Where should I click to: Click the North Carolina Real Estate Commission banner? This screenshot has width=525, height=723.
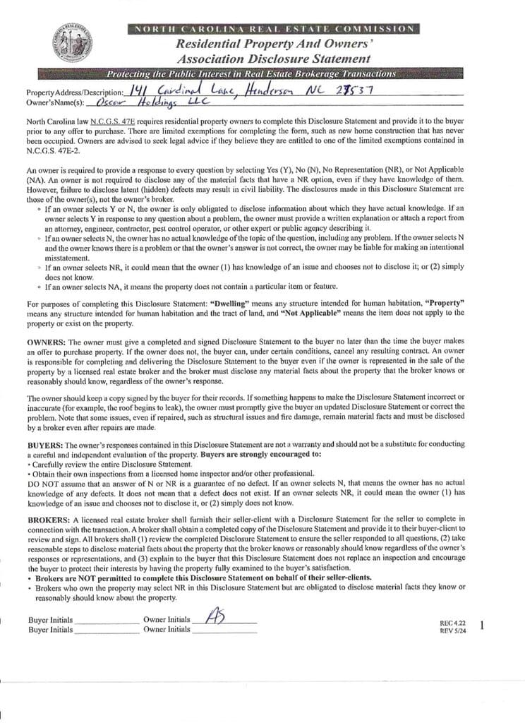[x=273, y=28]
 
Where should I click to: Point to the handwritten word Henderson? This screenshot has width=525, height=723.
[x=272, y=91]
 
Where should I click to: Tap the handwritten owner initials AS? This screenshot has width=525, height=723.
[x=215, y=617]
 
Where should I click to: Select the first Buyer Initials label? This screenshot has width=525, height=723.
[x=51, y=621]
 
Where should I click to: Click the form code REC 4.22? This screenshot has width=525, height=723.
[x=449, y=623]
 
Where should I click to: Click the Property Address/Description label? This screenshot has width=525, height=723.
[x=74, y=93]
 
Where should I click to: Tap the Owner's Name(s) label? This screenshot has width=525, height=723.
[x=56, y=104]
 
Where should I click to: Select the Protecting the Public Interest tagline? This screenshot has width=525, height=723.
[x=251, y=74]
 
